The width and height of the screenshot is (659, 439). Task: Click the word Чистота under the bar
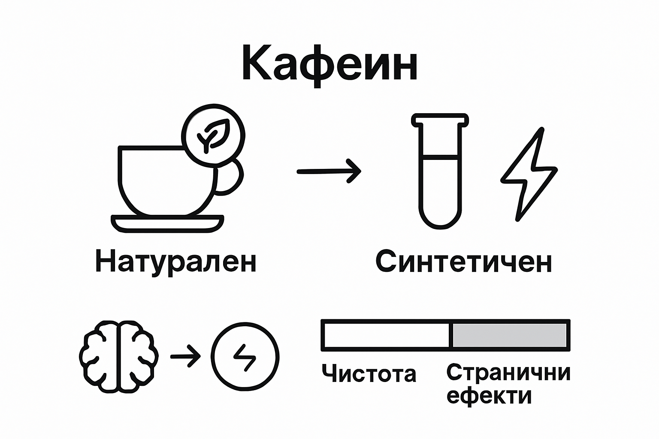pos(369,374)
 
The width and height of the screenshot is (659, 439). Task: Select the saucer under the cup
pos(167,224)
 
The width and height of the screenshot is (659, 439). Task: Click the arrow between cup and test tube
pos(329,171)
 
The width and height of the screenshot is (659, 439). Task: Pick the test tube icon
pos(440,171)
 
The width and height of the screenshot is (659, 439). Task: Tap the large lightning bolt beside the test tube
pos(529,174)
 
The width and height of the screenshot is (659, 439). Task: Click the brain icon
pos(118,357)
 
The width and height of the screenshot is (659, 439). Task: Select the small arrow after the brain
pos(185,356)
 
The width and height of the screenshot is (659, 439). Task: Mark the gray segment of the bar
pos(510,335)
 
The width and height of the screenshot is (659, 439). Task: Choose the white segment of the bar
pos(386,335)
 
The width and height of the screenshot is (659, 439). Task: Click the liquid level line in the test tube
pos(440,157)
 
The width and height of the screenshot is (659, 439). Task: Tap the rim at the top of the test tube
pos(440,118)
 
